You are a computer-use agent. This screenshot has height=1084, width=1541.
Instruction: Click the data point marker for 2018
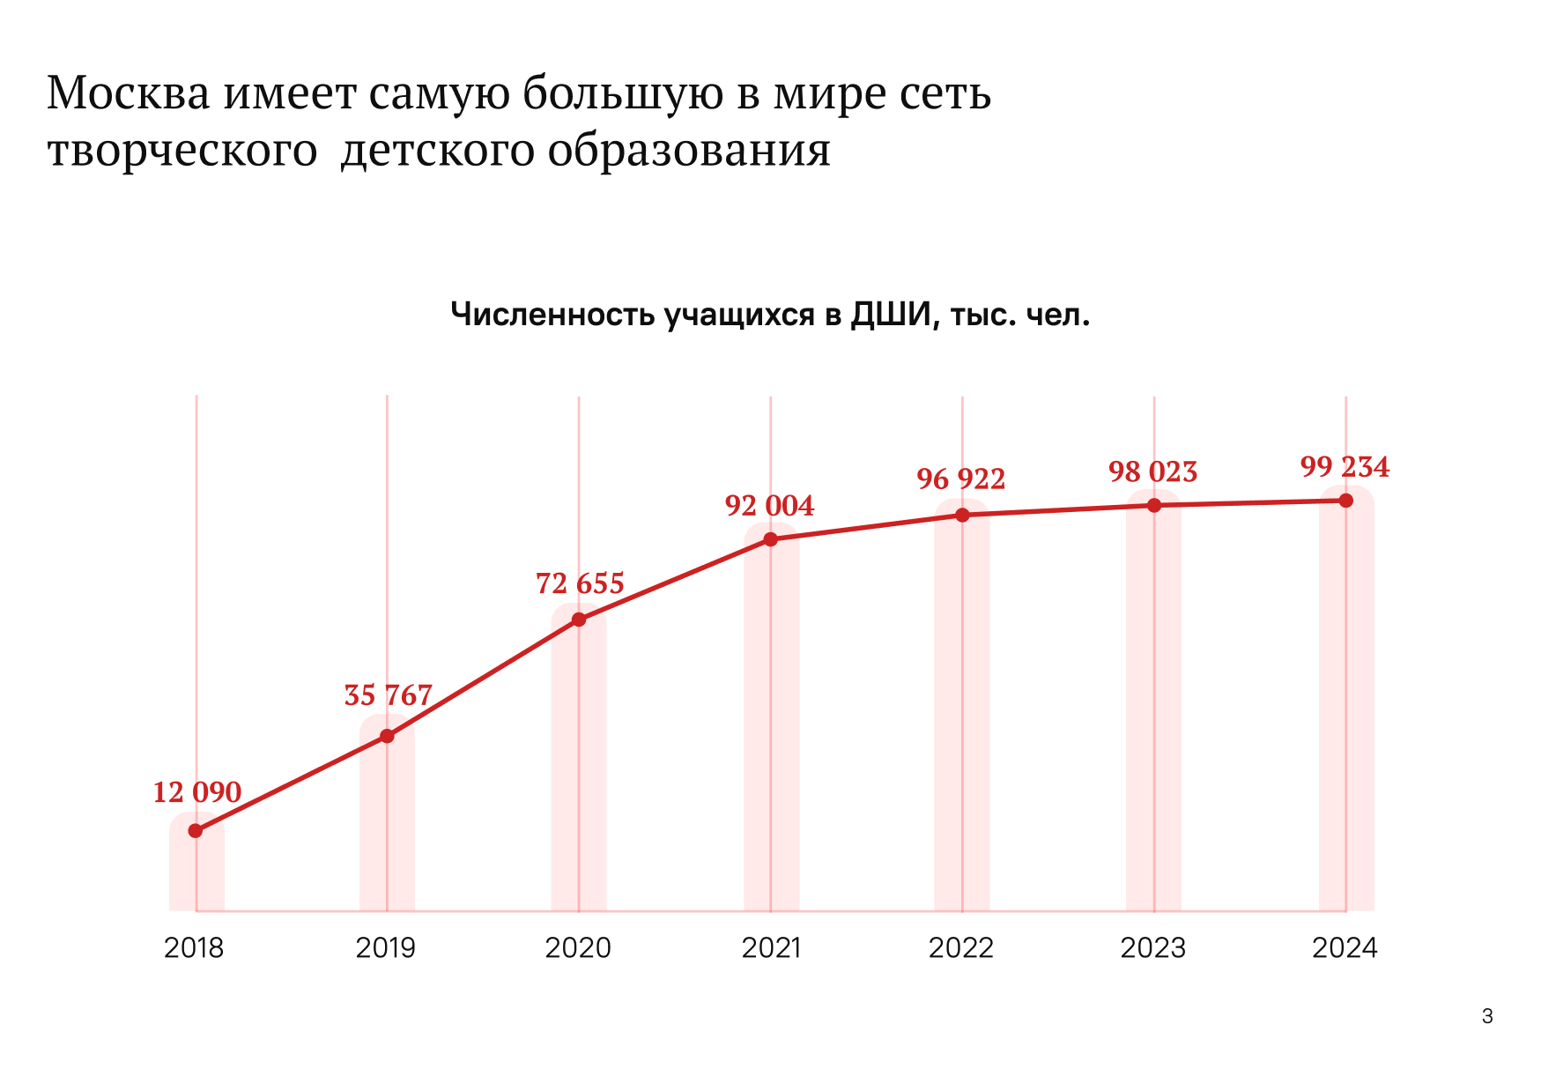196,831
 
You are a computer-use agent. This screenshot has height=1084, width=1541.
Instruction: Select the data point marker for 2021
770,539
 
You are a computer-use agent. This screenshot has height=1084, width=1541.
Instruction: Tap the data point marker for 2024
1345,501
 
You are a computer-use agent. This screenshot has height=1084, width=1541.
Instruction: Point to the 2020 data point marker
579,620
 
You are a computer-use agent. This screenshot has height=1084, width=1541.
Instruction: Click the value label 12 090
196,792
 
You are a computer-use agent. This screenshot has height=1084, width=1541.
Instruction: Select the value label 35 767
388,695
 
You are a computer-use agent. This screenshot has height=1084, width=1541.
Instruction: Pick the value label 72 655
580,583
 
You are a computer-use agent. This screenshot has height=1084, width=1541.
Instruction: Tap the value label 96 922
960,479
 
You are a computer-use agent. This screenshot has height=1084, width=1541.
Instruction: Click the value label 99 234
1345,467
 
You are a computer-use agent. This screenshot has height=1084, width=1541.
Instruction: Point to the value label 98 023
1152,472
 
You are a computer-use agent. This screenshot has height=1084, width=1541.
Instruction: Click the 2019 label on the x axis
386,948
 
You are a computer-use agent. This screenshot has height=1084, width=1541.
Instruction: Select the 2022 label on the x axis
960,948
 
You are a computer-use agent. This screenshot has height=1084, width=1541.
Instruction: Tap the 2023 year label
1152,948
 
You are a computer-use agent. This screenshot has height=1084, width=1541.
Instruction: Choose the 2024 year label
1345,948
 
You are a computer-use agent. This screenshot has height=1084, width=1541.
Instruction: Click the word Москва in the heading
129,93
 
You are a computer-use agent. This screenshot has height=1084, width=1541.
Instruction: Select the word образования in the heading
689,150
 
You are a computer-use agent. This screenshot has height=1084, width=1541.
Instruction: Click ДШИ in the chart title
891,315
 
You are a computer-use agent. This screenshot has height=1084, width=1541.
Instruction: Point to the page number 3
1487,1016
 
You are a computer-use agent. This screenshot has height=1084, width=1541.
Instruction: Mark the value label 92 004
769,506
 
